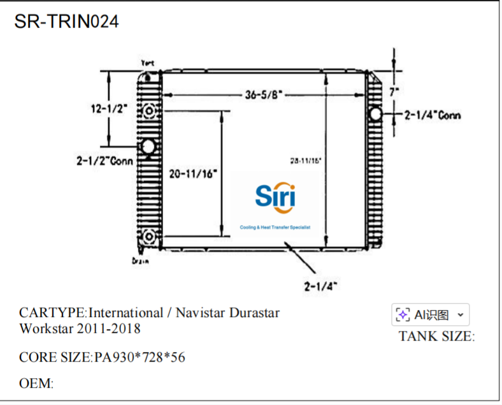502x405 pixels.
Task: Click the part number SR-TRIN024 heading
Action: (x=66, y=21)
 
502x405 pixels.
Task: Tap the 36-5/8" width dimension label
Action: (x=263, y=95)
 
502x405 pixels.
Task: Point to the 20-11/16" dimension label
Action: (x=194, y=173)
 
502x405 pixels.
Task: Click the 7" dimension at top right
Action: (x=394, y=92)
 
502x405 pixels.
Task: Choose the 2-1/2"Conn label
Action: (x=104, y=161)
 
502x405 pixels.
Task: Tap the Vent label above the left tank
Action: (x=147, y=63)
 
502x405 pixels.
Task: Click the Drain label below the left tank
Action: (x=141, y=260)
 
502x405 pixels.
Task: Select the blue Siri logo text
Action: (x=275, y=196)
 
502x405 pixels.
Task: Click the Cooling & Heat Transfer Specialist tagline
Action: (x=274, y=228)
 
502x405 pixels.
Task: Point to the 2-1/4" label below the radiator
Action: (x=320, y=286)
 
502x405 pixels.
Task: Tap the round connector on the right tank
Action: (x=375, y=114)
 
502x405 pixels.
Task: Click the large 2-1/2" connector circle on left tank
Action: (x=148, y=147)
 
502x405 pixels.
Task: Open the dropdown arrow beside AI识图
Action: (x=461, y=314)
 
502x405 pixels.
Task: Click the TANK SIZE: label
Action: (x=436, y=336)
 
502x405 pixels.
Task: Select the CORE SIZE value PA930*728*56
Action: (x=140, y=357)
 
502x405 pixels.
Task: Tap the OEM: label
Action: (x=36, y=383)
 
